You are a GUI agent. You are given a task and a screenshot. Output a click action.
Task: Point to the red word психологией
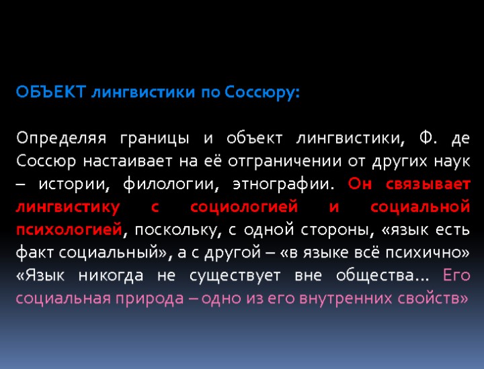click(69, 230)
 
